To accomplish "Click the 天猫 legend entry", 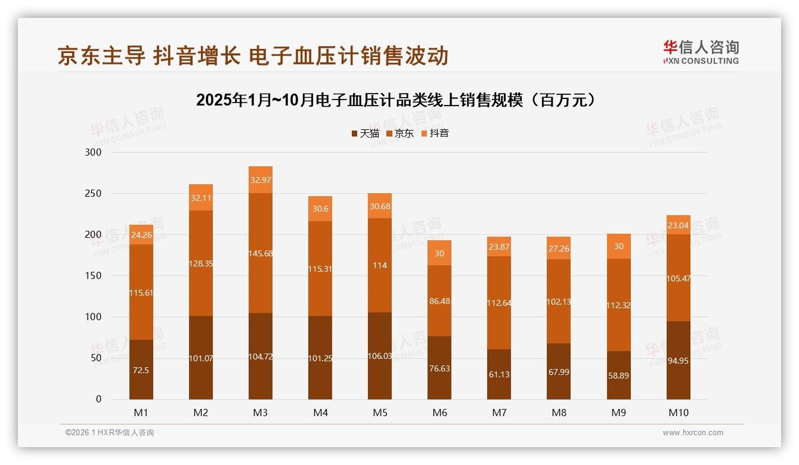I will (365, 133).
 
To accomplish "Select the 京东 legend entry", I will (399, 133).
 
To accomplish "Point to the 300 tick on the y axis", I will (94, 153).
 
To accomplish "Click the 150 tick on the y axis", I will (94, 276).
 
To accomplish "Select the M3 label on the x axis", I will (261, 413).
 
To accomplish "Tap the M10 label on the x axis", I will (678, 413).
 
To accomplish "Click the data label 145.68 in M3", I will (261, 254).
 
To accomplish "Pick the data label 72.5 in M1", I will (141, 370).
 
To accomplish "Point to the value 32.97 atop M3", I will (261, 180).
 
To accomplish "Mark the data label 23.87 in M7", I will (499, 247).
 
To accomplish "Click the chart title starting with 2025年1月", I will (397, 100).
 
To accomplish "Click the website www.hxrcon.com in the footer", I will (693, 433).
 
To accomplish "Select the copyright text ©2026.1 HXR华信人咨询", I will (109, 433).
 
